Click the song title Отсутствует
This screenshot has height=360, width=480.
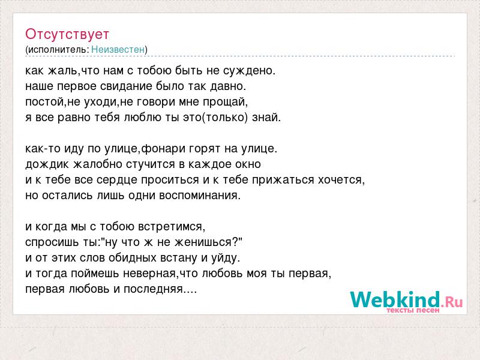[x=67, y=34]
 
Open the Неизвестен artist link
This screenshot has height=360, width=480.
[x=118, y=49]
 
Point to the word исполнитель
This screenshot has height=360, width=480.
[x=58, y=49]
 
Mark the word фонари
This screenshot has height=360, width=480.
[x=162, y=148]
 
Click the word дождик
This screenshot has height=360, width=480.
[x=47, y=164]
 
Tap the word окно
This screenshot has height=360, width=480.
[x=248, y=164]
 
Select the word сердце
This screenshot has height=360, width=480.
[x=116, y=180]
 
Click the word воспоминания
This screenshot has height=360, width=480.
[x=200, y=196]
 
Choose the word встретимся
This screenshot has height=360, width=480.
[x=172, y=227]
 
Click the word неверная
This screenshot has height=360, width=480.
[x=149, y=274]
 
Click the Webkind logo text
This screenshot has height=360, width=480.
[x=395, y=299]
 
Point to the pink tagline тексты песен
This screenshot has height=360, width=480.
[x=413, y=310]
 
